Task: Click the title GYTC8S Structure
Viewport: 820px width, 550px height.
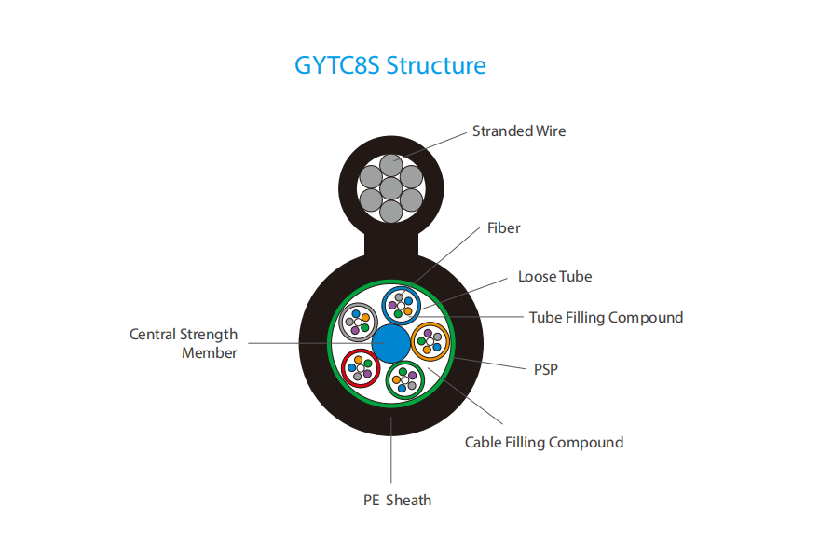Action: [390, 65]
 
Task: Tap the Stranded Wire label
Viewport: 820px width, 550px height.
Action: [519, 131]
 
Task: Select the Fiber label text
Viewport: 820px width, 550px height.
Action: [503, 228]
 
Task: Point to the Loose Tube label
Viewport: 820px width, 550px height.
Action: [554, 276]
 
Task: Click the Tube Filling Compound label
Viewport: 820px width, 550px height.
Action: [606, 318]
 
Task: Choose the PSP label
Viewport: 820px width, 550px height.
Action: [545, 369]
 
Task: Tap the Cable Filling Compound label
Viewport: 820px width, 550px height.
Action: [544, 443]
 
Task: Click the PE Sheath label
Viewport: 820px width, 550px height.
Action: [398, 501]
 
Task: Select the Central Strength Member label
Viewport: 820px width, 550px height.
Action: [184, 343]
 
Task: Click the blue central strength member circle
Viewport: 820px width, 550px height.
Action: [390, 344]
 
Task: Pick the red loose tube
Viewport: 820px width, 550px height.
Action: [361, 368]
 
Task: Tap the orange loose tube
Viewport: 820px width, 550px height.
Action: [430, 341]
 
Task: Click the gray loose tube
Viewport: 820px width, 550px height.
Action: [358, 323]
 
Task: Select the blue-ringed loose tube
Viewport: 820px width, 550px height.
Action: [402, 306]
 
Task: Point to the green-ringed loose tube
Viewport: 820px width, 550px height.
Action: [405, 380]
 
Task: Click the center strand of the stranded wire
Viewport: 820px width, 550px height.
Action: [390, 188]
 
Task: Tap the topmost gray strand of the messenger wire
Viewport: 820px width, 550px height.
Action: [390, 165]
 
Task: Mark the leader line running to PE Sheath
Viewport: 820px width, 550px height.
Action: [391, 450]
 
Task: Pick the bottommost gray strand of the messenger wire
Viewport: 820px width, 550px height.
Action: [390, 212]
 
